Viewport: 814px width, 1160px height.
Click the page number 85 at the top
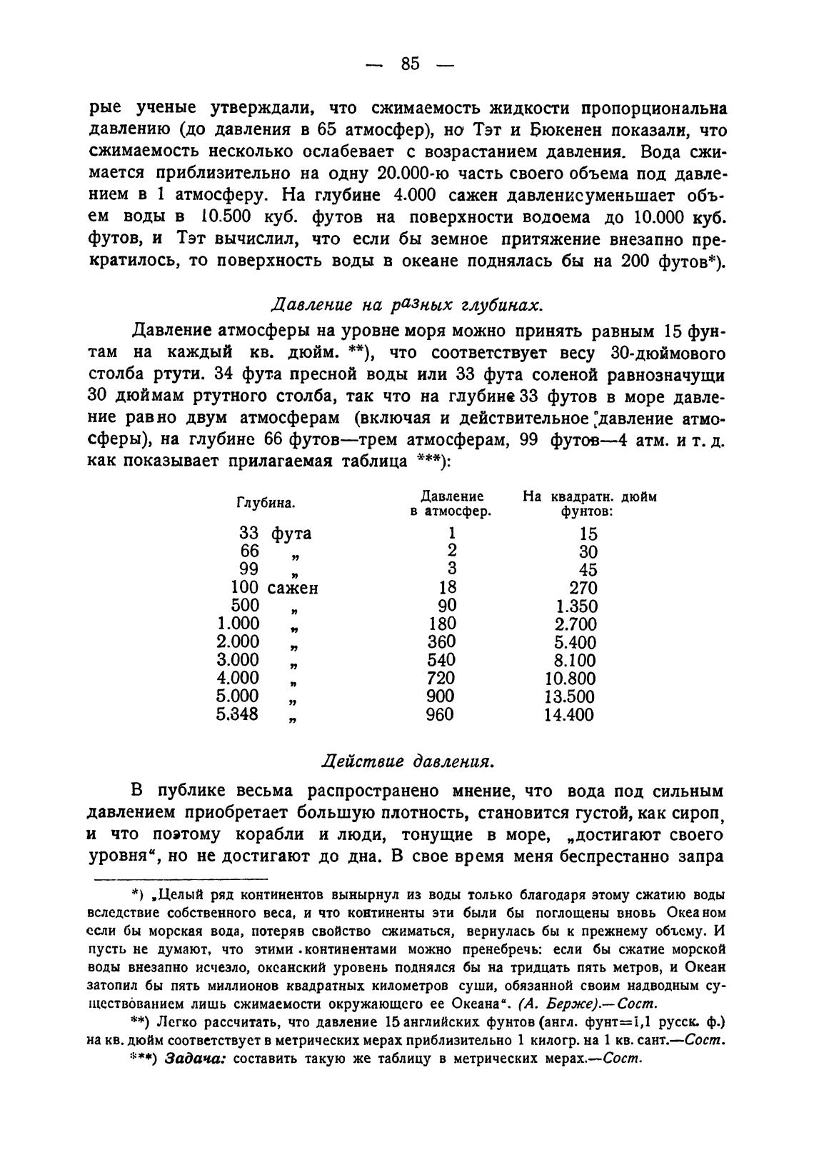click(410, 64)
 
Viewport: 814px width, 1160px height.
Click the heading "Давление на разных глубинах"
click(408, 305)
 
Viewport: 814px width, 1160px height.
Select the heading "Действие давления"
click(408, 761)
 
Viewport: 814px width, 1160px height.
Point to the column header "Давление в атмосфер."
click(451, 504)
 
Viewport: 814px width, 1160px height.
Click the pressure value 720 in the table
click(441, 678)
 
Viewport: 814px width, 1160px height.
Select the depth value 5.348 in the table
click(238, 714)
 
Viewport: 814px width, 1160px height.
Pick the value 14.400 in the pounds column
click(568, 715)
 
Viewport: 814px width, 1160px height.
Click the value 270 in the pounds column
click(583, 589)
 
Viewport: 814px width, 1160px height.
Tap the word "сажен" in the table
click(293, 589)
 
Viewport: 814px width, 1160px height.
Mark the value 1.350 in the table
click(576, 606)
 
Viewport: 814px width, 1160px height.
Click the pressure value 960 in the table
click(440, 714)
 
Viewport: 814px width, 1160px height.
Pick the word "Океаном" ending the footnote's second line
click(687, 914)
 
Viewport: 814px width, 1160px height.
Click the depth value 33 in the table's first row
click(249, 534)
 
